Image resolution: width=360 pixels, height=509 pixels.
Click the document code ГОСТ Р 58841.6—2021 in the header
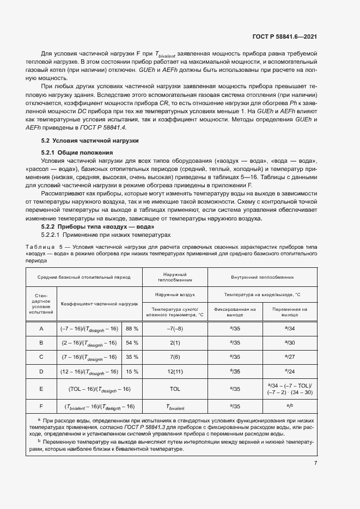click(285, 37)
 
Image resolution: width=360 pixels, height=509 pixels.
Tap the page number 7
click(315, 463)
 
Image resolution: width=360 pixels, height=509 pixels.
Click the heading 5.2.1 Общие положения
click(77, 152)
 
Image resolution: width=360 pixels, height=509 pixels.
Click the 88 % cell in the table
click(132, 329)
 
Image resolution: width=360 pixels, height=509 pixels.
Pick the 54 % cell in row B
click(132, 343)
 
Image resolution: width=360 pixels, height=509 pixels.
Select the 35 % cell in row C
click(132, 357)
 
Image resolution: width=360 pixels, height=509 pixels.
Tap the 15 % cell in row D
click(132, 371)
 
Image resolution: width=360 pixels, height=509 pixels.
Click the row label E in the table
click(41, 390)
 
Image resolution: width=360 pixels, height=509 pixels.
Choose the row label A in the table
click(41, 329)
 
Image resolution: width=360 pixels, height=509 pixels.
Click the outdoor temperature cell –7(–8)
click(175, 329)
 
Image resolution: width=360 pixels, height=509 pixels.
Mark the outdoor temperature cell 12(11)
click(175, 371)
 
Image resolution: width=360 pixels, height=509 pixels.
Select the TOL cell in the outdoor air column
click(175, 390)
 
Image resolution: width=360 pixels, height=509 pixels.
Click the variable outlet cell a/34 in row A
click(289, 329)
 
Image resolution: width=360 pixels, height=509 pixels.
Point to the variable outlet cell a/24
click(289, 371)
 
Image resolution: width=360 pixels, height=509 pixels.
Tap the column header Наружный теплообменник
click(175, 277)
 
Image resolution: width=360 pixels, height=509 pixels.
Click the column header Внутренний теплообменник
click(262, 277)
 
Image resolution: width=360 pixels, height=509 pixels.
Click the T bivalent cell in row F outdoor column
click(175, 407)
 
